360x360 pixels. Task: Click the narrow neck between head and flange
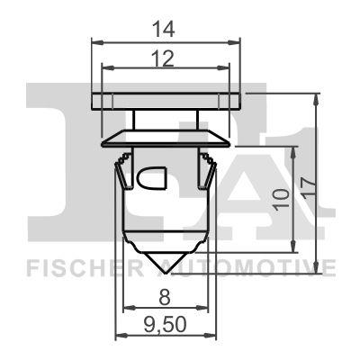pos(167,119)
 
